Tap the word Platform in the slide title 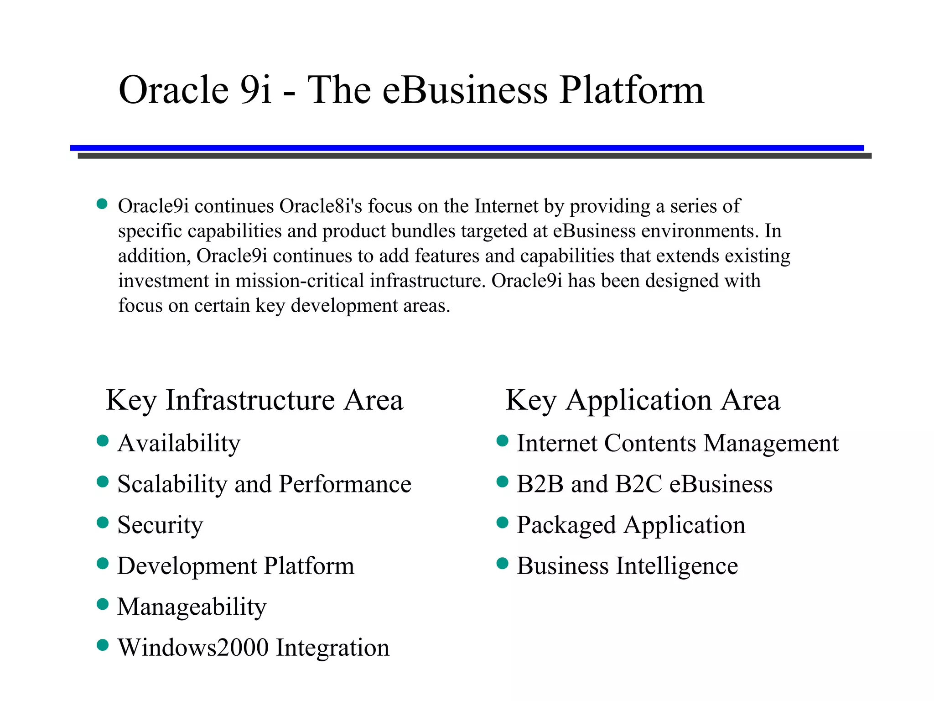[632, 90]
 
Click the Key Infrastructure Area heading [254, 400]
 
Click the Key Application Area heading [643, 400]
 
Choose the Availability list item [179, 443]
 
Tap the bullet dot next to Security [103, 523]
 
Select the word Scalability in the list [172, 484]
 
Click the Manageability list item [192, 607]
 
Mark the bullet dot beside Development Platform [103, 564]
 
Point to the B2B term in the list [540, 484]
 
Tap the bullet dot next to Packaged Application [502, 523]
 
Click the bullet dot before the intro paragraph [102, 204]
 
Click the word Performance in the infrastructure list [345, 484]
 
